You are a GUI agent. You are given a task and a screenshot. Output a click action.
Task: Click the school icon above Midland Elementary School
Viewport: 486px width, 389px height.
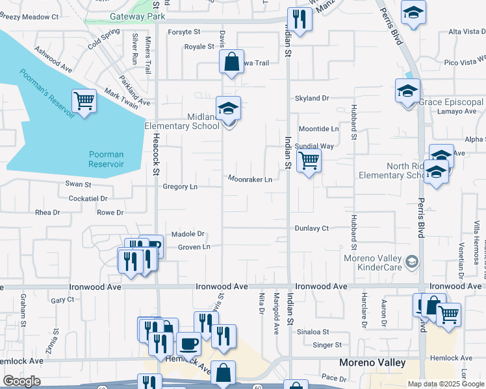228,108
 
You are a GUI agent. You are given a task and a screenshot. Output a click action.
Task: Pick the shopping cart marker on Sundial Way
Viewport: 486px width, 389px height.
309,160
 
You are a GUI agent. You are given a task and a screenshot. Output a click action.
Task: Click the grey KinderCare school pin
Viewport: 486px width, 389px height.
411,262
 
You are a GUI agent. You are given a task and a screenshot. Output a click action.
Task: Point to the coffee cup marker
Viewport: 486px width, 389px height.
189,343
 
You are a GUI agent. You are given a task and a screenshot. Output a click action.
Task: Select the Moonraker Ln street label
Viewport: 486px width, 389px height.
250,179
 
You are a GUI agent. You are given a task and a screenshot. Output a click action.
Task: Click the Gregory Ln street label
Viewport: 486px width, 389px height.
180,187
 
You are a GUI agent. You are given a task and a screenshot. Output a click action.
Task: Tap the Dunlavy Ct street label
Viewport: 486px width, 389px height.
312,228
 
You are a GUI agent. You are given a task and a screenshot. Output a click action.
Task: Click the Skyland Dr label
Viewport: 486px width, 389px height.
312,98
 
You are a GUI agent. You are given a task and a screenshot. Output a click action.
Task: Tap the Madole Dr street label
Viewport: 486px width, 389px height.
188,234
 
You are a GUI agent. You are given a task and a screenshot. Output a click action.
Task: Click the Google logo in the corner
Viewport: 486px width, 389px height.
21,382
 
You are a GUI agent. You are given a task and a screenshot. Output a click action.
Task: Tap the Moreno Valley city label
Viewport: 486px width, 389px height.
373,362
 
